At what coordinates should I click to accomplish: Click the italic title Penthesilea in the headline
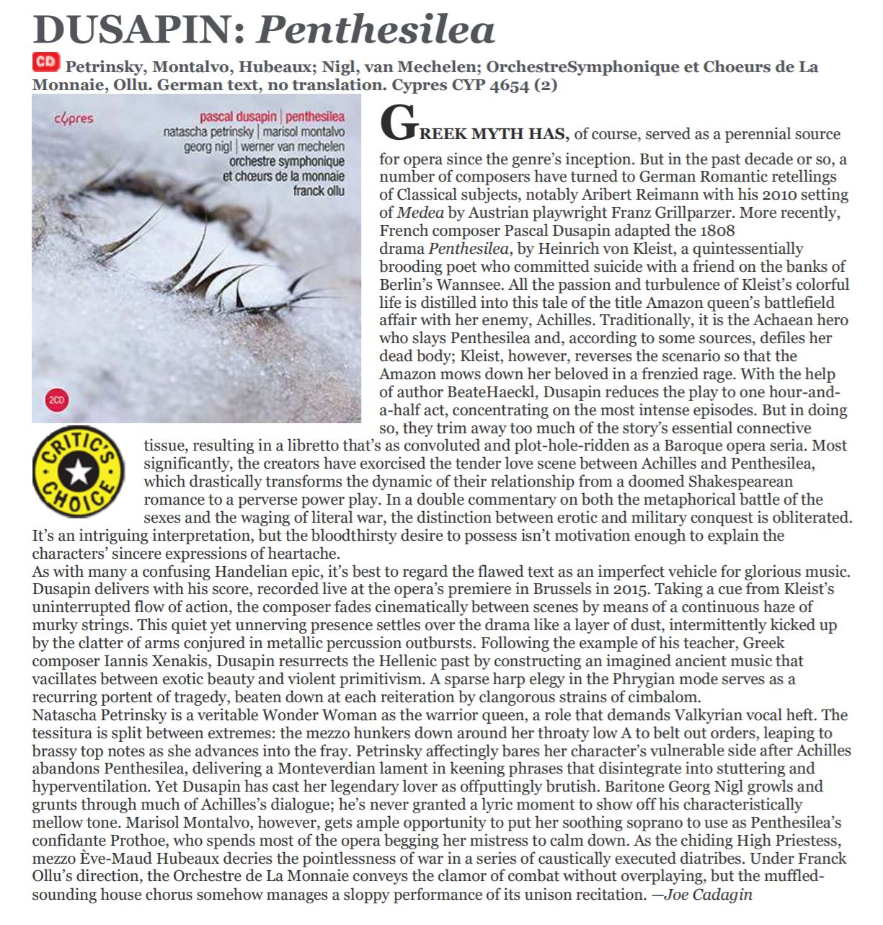coord(376,30)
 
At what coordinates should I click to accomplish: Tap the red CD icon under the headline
coord(45,63)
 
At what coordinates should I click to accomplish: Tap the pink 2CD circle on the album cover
coord(56,399)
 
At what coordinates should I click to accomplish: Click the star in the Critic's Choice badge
coord(78,472)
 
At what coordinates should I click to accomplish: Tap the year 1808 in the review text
coord(717,231)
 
